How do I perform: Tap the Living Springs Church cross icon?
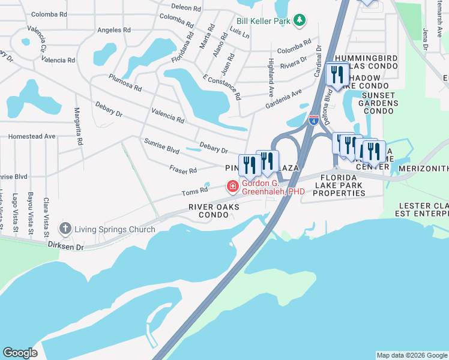pyautogui.click(x=65, y=229)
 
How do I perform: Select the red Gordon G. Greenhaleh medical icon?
pyautogui.click(x=232, y=187)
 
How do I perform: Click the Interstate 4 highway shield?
pyautogui.click(x=314, y=119)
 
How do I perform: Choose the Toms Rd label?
pyautogui.click(x=195, y=192)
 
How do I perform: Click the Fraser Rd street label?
pyautogui.click(x=183, y=171)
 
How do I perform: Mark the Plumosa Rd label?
pyautogui.click(x=125, y=83)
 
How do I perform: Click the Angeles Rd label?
pyautogui.click(x=109, y=30)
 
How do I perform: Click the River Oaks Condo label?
pyautogui.click(x=214, y=211)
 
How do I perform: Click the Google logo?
pyautogui.click(x=20, y=353)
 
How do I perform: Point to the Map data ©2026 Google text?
pyautogui.click(x=411, y=355)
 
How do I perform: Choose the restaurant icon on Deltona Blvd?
pyautogui.click(x=337, y=75)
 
